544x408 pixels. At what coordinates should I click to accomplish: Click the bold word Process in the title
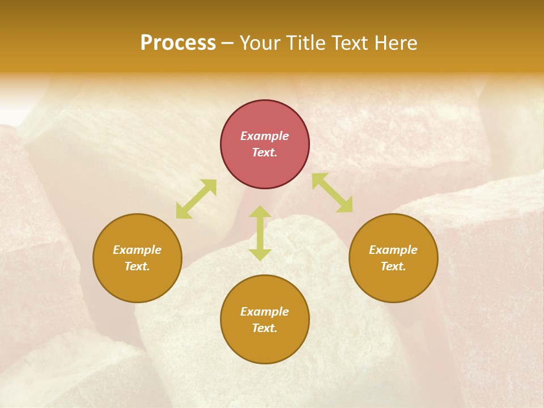click(x=178, y=43)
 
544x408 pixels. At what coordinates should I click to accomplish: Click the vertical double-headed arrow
click(x=260, y=233)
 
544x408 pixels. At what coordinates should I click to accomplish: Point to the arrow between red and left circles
click(x=196, y=199)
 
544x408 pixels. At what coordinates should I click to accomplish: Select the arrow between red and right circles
click(x=333, y=193)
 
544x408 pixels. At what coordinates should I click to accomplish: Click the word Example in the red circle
click(x=265, y=136)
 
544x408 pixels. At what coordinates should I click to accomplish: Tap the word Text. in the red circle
click(x=265, y=152)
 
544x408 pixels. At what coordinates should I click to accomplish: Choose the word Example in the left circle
click(x=137, y=250)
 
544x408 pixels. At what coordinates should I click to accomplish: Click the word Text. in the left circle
click(x=137, y=266)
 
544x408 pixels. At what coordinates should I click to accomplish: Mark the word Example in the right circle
click(x=393, y=250)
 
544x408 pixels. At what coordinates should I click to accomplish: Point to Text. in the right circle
click(x=393, y=266)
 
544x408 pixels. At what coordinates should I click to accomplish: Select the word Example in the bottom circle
click(x=265, y=312)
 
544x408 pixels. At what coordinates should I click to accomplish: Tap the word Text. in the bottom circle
click(x=265, y=328)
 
